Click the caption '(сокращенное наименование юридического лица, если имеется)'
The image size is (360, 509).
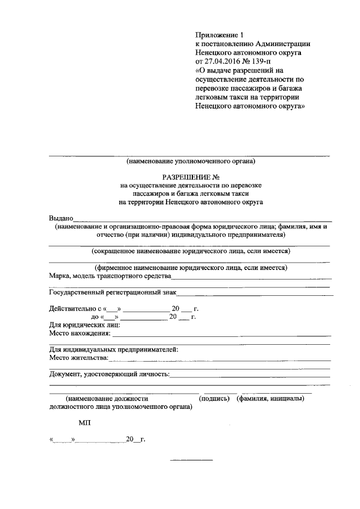pos(191,251)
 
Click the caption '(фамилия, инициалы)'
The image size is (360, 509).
pos(271,398)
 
